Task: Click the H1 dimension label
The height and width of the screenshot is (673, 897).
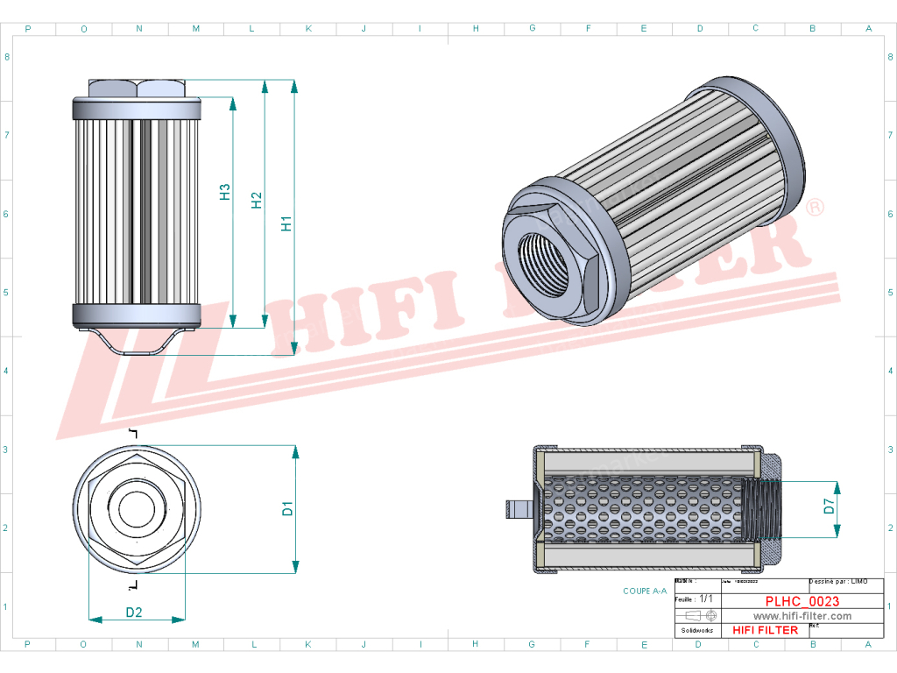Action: [286, 223]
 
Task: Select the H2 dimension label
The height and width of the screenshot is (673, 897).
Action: [257, 201]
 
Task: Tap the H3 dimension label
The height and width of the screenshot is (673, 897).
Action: [225, 192]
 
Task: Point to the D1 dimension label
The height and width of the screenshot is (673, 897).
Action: [287, 507]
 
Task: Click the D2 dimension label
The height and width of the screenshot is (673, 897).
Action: [134, 612]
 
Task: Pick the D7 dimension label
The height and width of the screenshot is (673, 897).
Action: [829, 506]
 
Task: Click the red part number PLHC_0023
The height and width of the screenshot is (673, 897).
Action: [802, 601]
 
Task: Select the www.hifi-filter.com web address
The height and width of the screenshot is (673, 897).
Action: [802, 616]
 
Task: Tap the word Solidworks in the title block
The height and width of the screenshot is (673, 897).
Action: [697, 630]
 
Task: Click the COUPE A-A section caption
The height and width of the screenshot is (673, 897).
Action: [645, 591]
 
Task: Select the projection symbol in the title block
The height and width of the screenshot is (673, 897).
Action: [698, 615]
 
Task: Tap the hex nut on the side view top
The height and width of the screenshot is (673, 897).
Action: [136, 89]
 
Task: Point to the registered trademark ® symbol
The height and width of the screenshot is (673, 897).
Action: [814, 208]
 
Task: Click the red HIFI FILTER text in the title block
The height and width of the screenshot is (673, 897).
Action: [765, 630]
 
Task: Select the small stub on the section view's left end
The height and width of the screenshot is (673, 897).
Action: [517, 508]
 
